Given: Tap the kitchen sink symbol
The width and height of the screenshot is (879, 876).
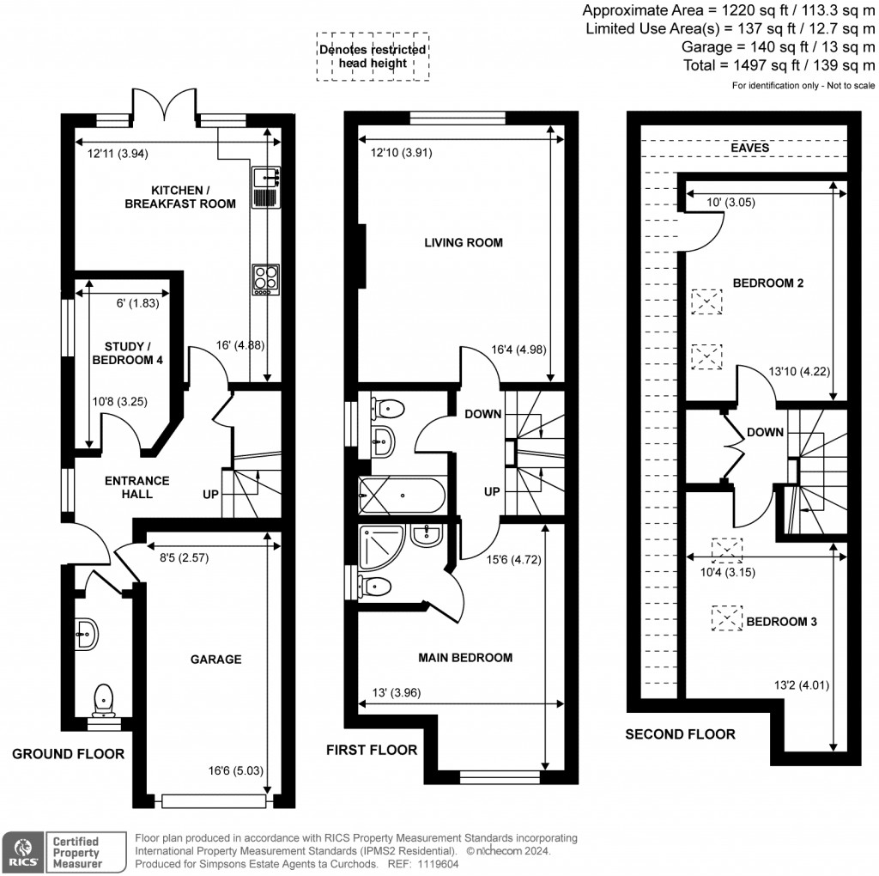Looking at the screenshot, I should pyautogui.click(x=264, y=188).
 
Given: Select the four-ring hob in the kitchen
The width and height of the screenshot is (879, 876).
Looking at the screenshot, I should pyautogui.click(x=264, y=279).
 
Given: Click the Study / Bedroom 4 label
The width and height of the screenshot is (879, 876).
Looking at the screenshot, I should pyautogui.click(x=127, y=353).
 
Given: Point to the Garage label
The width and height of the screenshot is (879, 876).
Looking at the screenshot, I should pyautogui.click(x=215, y=660).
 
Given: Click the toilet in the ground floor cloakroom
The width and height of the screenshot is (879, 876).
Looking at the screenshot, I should pyautogui.click(x=103, y=697).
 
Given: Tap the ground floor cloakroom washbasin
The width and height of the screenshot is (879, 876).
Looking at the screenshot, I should pyautogui.click(x=87, y=635).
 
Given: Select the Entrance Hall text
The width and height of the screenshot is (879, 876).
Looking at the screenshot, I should pyautogui.click(x=137, y=487).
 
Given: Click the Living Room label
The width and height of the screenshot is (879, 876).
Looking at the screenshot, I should pyautogui.click(x=464, y=243).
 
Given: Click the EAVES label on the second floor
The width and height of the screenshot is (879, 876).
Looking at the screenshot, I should pyautogui.click(x=749, y=148).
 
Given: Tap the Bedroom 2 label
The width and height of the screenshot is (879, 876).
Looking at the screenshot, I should pyautogui.click(x=767, y=283).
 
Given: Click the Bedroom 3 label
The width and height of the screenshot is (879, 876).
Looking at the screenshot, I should pyautogui.click(x=781, y=622).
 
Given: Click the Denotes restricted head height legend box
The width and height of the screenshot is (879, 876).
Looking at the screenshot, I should pyautogui.click(x=373, y=57).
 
